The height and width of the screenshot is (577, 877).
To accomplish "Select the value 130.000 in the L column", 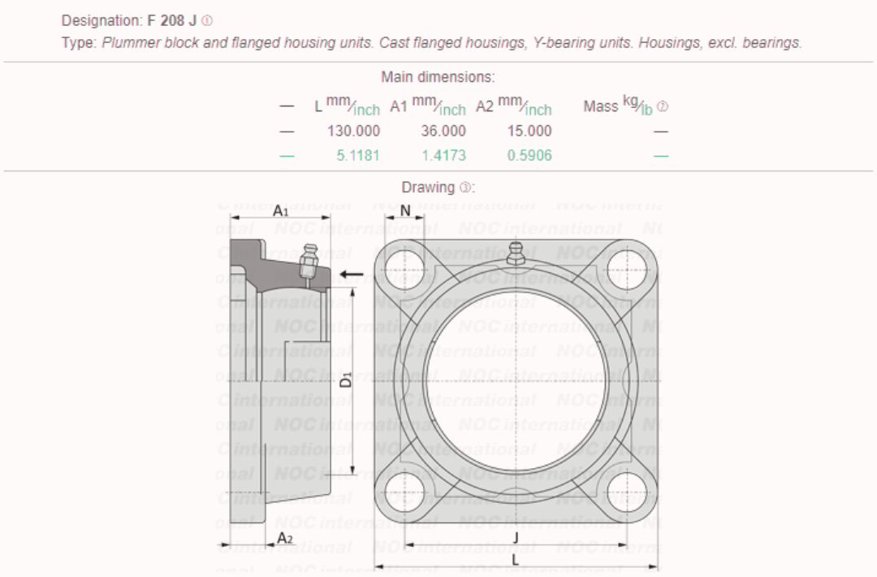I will [353, 131].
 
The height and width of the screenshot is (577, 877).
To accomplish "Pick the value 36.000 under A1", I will [443, 131].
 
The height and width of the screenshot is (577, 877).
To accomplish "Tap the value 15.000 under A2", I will [529, 131].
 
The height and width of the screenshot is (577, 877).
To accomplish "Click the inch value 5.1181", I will [358, 155].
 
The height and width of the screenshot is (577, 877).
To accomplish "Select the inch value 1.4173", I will [443, 155].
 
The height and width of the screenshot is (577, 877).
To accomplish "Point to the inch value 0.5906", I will [529, 155].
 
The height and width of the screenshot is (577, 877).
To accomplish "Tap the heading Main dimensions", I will [438, 77].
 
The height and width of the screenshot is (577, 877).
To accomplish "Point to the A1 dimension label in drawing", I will [281, 210].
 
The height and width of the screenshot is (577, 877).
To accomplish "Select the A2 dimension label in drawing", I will [284, 539].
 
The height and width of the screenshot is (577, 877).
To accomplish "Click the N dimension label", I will [405, 211].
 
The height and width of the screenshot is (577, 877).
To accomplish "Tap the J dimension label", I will [516, 537].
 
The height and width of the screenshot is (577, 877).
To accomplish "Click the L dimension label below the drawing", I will [516, 561].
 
